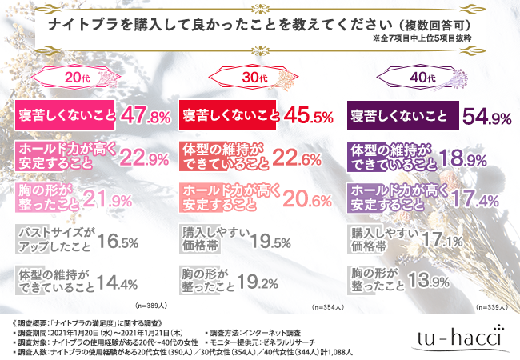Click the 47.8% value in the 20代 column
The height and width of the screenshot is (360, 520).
tap(144, 117)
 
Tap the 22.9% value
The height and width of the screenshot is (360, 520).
tap(144, 156)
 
